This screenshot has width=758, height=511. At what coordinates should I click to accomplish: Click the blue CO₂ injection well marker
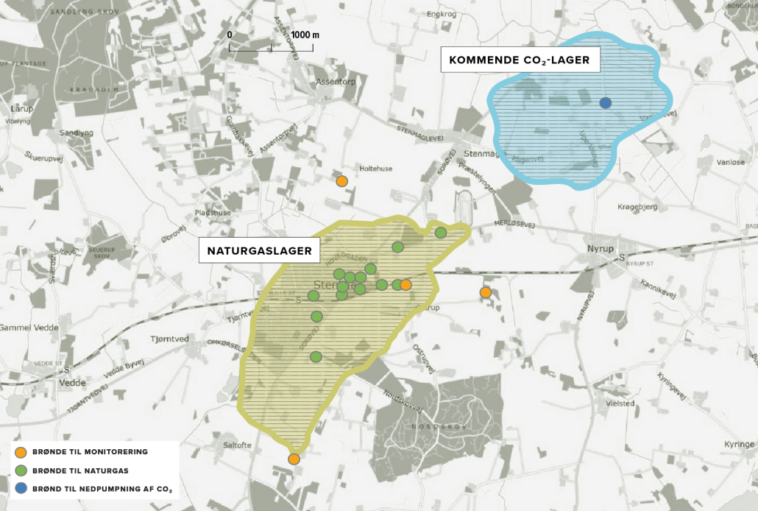(606, 103)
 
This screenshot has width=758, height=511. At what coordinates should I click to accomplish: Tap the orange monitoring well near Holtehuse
(341, 181)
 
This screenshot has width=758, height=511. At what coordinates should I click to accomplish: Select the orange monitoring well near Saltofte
(294, 459)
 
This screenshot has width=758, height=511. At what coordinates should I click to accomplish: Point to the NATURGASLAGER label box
(260, 251)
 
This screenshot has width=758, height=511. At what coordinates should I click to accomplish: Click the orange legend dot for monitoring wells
(21, 452)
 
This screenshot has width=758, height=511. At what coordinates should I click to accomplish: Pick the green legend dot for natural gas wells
(21, 470)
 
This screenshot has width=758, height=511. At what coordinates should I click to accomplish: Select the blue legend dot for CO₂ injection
(21, 488)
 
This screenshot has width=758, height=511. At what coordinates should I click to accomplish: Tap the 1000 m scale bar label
(304, 35)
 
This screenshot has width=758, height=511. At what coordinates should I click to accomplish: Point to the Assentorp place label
(334, 82)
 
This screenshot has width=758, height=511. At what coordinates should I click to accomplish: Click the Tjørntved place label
(170, 339)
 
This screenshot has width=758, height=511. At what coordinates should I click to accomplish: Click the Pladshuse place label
(213, 213)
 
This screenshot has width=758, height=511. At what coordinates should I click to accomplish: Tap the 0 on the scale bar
(230, 35)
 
